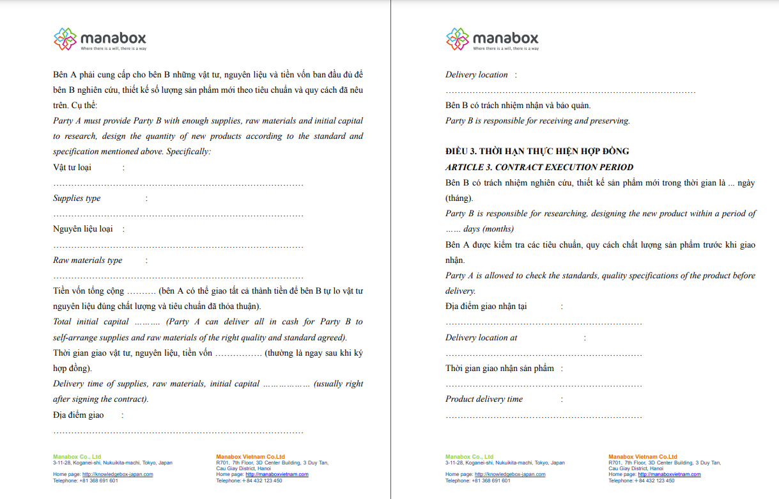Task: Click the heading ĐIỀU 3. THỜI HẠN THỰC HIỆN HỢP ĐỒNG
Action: pos(537,152)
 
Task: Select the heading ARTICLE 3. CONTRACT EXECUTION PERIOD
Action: pos(539,167)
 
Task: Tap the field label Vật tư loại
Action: pos(72,168)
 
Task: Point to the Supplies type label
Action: pos(77,198)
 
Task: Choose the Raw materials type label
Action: pos(88,260)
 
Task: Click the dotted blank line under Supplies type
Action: pos(178,215)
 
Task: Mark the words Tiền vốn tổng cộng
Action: pos(88,291)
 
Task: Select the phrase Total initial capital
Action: pos(91,322)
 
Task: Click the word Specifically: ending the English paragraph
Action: pos(189,152)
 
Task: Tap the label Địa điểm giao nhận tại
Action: pos(486,306)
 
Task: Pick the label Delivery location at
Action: pos(481,338)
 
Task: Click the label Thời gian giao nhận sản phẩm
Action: pos(500,368)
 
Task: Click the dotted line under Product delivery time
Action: pos(543,416)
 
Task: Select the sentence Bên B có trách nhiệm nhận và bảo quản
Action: pos(518,106)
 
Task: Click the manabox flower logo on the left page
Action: pos(65,39)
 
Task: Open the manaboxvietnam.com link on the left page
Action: pos(277,475)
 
